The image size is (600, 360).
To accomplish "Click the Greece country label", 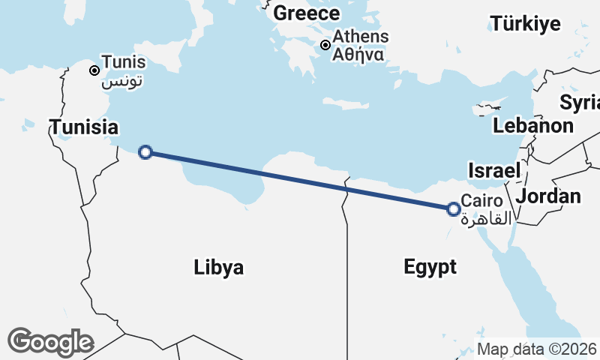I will [x=306, y=13].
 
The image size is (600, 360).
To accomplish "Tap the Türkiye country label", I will [x=525, y=24].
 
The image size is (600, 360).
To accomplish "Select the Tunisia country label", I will [x=84, y=127].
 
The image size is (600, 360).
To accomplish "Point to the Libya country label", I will [x=218, y=267].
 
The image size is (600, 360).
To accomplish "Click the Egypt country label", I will [x=430, y=267].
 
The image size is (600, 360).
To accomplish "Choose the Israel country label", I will [x=493, y=171].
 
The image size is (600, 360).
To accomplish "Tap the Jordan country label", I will [x=549, y=196].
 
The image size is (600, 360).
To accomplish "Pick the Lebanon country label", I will [x=533, y=125].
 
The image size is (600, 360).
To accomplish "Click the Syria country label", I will [x=581, y=101].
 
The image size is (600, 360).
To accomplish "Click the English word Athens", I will [x=361, y=37].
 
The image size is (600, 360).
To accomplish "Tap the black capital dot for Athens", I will [x=325, y=45].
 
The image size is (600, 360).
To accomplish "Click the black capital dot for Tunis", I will [x=94, y=70].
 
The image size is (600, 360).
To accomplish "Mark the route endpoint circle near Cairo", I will [x=453, y=209].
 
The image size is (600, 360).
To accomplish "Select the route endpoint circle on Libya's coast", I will [x=146, y=152].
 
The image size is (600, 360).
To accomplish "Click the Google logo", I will [x=50, y=342].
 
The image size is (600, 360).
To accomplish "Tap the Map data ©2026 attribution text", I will [x=537, y=349].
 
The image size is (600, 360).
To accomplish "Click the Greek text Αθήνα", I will [x=358, y=54].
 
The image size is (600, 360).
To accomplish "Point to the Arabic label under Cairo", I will [x=486, y=219].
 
